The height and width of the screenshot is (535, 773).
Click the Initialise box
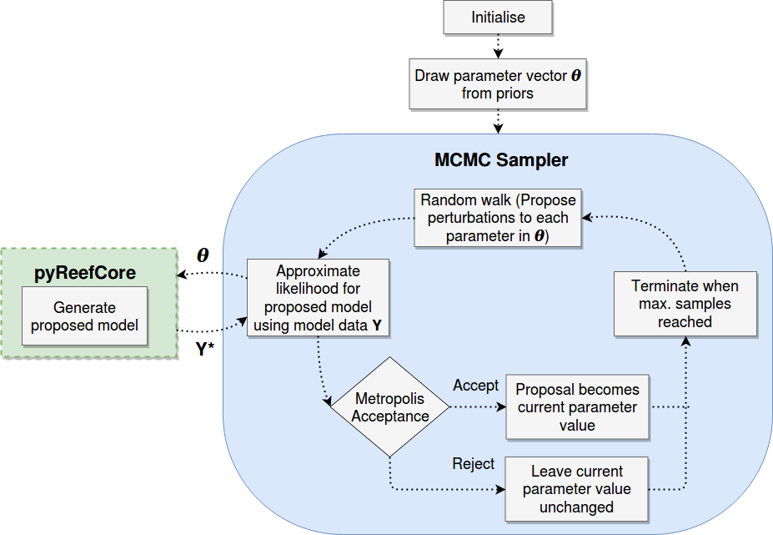tap(499, 18)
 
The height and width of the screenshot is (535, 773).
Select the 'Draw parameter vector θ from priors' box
tap(498, 83)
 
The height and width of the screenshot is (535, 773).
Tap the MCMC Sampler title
tap(501, 159)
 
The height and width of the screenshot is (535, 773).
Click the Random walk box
tap(497, 218)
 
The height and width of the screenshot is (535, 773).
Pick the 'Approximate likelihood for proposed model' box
tap(318, 296)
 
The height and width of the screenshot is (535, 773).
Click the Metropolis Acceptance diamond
tap(391, 407)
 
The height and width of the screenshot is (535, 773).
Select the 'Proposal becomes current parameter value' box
tap(577, 407)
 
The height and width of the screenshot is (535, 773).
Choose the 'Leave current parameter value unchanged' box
tap(577, 488)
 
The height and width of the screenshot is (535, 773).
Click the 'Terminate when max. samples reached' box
tap(685, 304)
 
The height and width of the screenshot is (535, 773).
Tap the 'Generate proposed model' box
tap(84, 316)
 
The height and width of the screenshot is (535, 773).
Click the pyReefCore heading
tap(85, 273)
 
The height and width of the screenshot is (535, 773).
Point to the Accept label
tap(475, 386)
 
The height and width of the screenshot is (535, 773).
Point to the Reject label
tap(473, 463)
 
